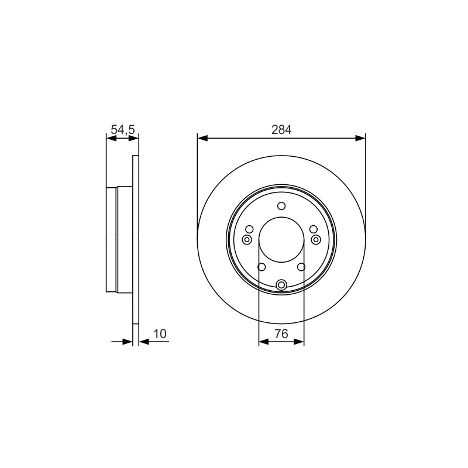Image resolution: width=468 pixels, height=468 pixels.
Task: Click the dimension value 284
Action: (x=281, y=130)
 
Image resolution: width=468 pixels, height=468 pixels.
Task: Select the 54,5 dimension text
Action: (x=123, y=130)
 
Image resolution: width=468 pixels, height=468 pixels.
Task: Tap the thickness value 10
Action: (x=160, y=333)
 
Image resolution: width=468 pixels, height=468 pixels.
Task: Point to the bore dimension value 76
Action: (x=281, y=333)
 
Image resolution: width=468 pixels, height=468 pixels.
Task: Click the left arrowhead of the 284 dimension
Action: (x=202, y=138)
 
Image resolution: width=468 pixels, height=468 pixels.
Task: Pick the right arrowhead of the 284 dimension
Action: (x=360, y=138)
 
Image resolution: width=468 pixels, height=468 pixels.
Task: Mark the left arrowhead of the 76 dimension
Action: (x=264, y=342)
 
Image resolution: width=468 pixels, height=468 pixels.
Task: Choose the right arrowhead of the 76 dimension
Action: (x=299, y=342)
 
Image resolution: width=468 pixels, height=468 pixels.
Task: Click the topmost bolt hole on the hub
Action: (x=281, y=206)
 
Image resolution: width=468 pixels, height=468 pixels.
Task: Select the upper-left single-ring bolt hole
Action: (x=249, y=229)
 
